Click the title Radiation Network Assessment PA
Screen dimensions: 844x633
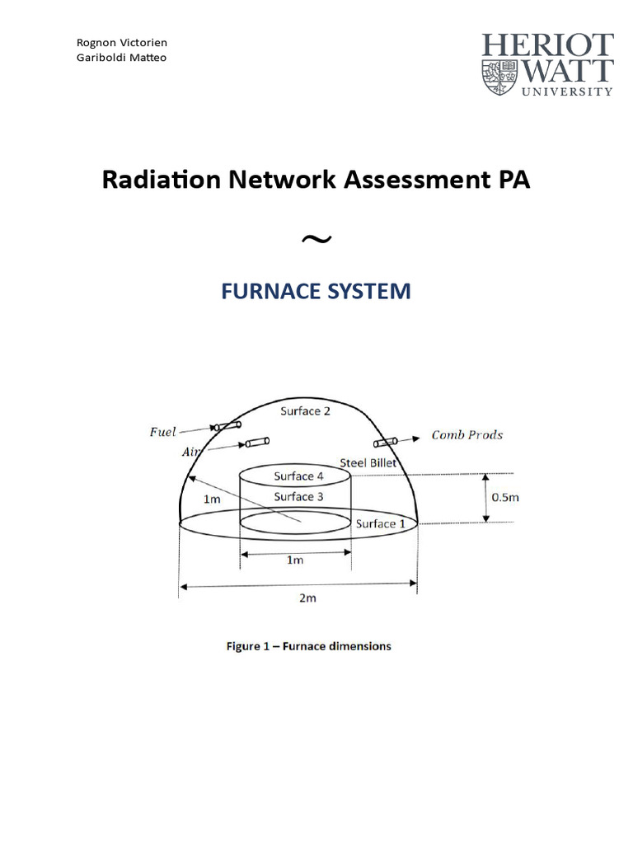click(x=316, y=181)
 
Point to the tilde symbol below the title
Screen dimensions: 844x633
click(x=316, y=239)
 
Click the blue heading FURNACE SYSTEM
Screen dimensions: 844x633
click(x=316, y=291)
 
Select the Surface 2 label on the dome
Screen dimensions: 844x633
click(x=305, y=410)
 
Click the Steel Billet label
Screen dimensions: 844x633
click(x=368, y=462)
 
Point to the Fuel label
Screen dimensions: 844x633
click(x=162, y=432)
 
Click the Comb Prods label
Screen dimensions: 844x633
click(x=467, y=435)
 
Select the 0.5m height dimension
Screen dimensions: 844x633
click(x=504, y=497)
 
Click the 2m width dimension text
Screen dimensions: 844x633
click(x=307, y=598)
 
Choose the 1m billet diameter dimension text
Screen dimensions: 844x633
click(x=294, y=560)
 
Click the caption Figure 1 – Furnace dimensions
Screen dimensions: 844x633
click(x=309, y=646)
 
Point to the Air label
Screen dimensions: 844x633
click(x=190, y=452)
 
